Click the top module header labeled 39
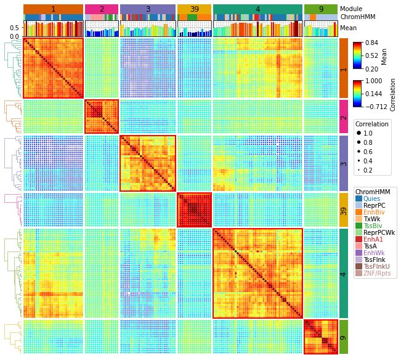click(194, 9)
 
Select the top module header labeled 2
click(102, 9)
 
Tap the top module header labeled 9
click(321, 9)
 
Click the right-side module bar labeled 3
click(344, 163)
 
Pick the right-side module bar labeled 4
click(344, 272)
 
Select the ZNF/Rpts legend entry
click(376, 273)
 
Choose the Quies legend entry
click(371, 199)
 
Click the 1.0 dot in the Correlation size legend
click(358, 133)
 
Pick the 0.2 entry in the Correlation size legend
click(358, 170)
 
